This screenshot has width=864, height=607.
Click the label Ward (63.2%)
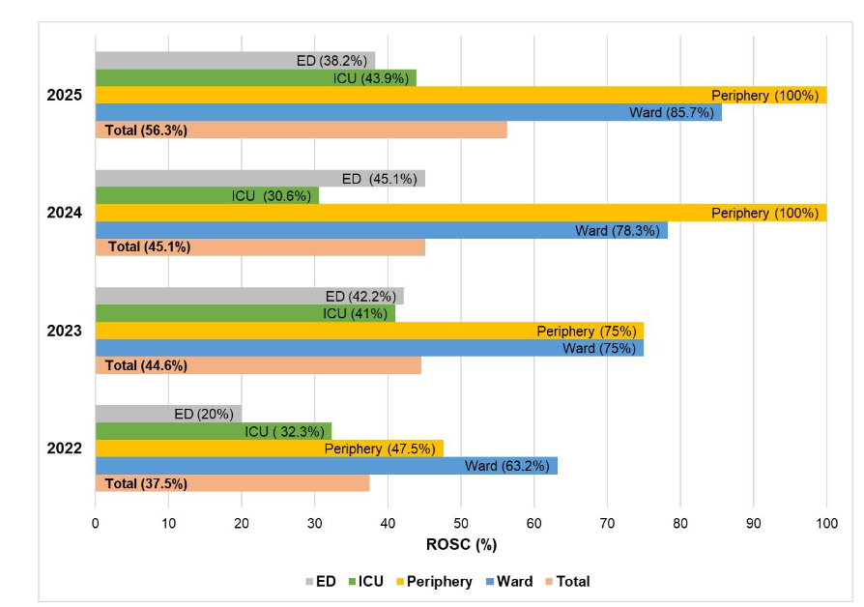[x=506, y=466]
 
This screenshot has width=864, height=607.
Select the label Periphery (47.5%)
[x=384, y=448]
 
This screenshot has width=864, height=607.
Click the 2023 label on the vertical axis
[x=65, y=331]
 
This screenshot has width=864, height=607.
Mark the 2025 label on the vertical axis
[x=65, y=95]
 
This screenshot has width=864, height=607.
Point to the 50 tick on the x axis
[x=461, y=523]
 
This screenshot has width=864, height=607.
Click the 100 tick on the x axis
[x=825, y=523]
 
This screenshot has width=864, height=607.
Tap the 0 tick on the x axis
[x=95, y=523]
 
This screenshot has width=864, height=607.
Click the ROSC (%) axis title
[x=461, y=544]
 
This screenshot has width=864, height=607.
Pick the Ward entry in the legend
[x=510, y=581]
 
